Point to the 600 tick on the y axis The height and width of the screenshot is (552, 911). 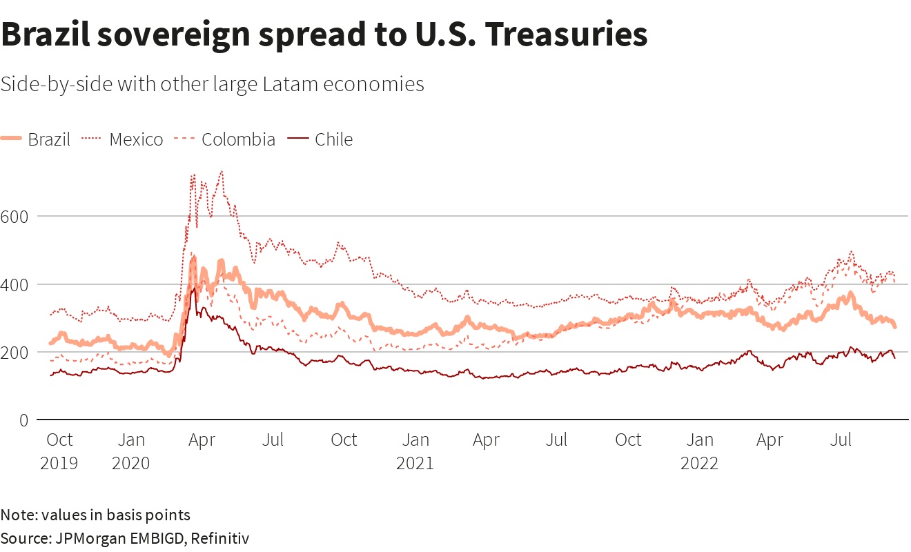tap(16, 216)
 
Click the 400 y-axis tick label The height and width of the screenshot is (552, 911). tap(16, 284)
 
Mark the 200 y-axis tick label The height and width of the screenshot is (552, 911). tap(16, 352)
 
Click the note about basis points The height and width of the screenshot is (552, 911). tap(95, 515)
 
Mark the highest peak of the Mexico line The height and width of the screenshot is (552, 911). tap(221, 171)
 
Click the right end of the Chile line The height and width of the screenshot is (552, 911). tap(895, 358)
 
